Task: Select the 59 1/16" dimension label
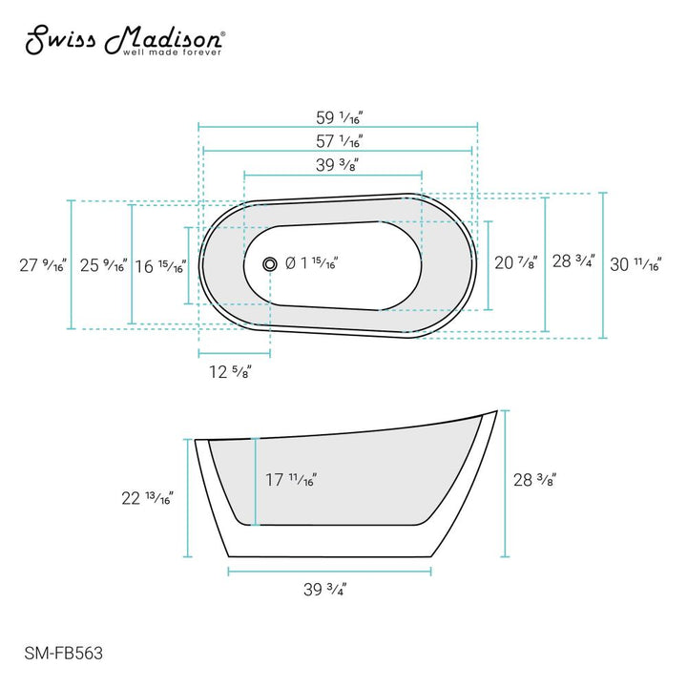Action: coord(340,117)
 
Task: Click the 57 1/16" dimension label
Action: coord(340,141)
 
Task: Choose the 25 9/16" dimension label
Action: coord(102,265)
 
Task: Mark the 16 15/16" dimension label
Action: coord(159,266)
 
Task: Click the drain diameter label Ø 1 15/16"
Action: coord(312,262)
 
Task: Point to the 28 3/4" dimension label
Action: coord(572,261)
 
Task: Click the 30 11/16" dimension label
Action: coord(635,265)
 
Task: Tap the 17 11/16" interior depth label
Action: coord(291,481)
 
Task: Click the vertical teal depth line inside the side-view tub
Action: coord(256,481)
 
